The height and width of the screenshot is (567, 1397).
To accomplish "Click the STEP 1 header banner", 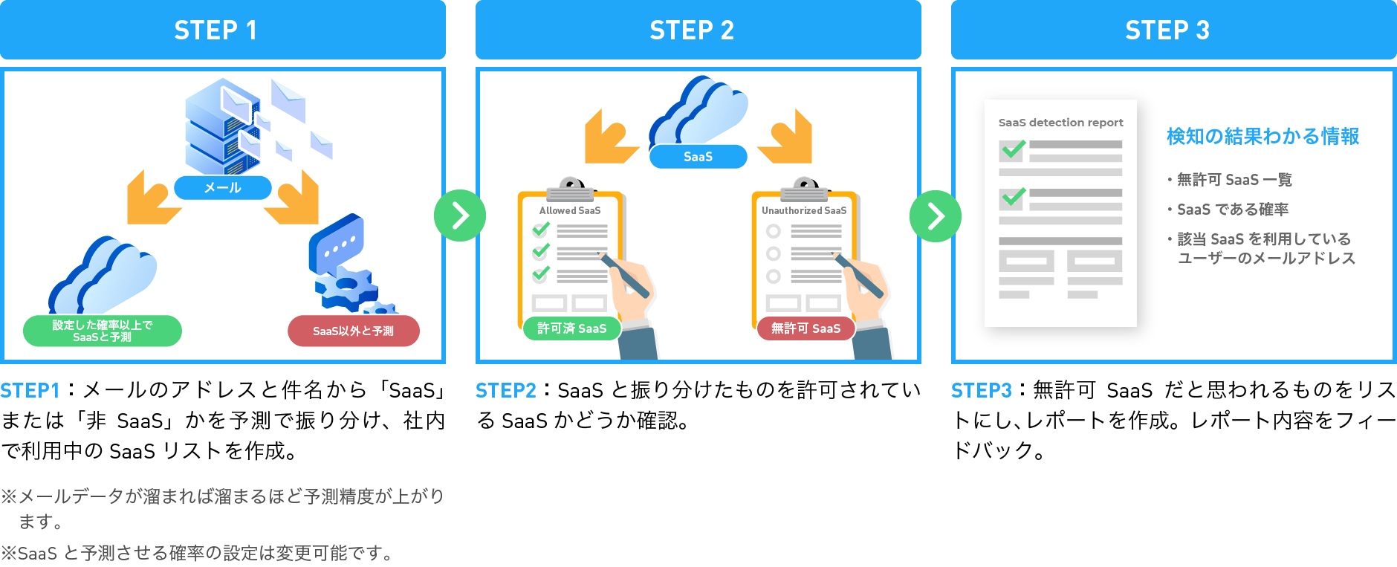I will click(222, 30).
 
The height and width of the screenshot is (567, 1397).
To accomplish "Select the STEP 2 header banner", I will click(698, 30).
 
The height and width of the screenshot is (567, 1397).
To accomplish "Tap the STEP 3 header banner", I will click(1173, 30).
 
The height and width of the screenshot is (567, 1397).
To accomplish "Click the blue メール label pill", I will click(222, 188).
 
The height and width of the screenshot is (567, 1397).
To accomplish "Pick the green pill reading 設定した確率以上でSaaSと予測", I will click(103, 331).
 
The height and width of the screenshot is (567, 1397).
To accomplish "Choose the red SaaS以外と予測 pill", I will click(354, 331).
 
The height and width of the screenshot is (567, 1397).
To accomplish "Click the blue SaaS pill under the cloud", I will click(698, 157).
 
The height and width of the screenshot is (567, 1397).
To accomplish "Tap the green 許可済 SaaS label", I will click(571, 328).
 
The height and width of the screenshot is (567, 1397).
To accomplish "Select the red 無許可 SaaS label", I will click(806, 328).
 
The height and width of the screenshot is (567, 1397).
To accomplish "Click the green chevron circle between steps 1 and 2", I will click(460, 216).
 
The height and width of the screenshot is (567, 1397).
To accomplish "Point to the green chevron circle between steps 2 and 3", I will click(936, 216).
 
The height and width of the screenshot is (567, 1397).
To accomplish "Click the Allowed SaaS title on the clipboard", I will click(570, 210).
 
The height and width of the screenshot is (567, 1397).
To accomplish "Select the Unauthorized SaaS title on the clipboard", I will click(804, 210).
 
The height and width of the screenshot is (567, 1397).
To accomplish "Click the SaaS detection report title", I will click(1060, 123).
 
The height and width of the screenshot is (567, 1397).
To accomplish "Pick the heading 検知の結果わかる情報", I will click(1263, 137).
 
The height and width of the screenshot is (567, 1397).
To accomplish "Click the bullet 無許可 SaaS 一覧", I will click(1234, 180).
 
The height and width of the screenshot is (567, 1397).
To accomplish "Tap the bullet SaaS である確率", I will click(1232, 210).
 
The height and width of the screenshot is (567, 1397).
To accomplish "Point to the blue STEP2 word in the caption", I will click(505, 391).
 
